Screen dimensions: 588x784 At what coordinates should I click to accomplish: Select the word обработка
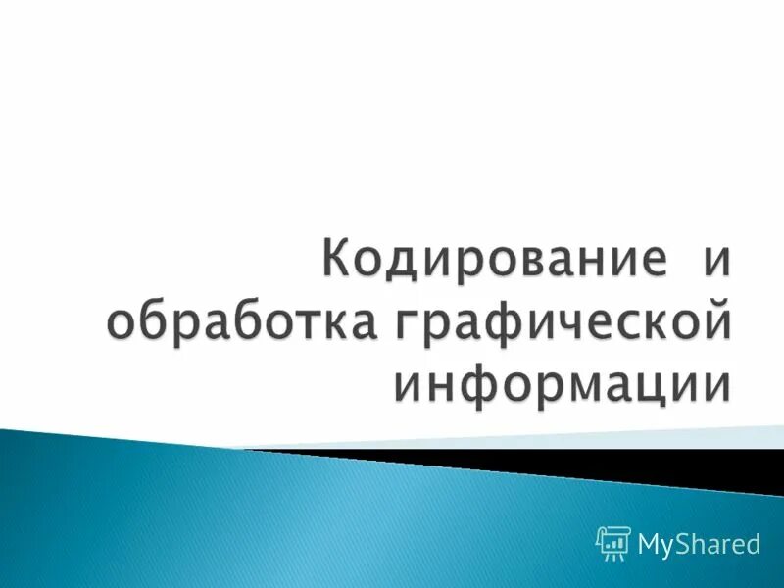(240, 322)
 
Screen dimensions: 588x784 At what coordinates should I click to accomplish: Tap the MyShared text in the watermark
(699, 543)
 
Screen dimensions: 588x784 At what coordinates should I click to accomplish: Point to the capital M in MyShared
(651, 542)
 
